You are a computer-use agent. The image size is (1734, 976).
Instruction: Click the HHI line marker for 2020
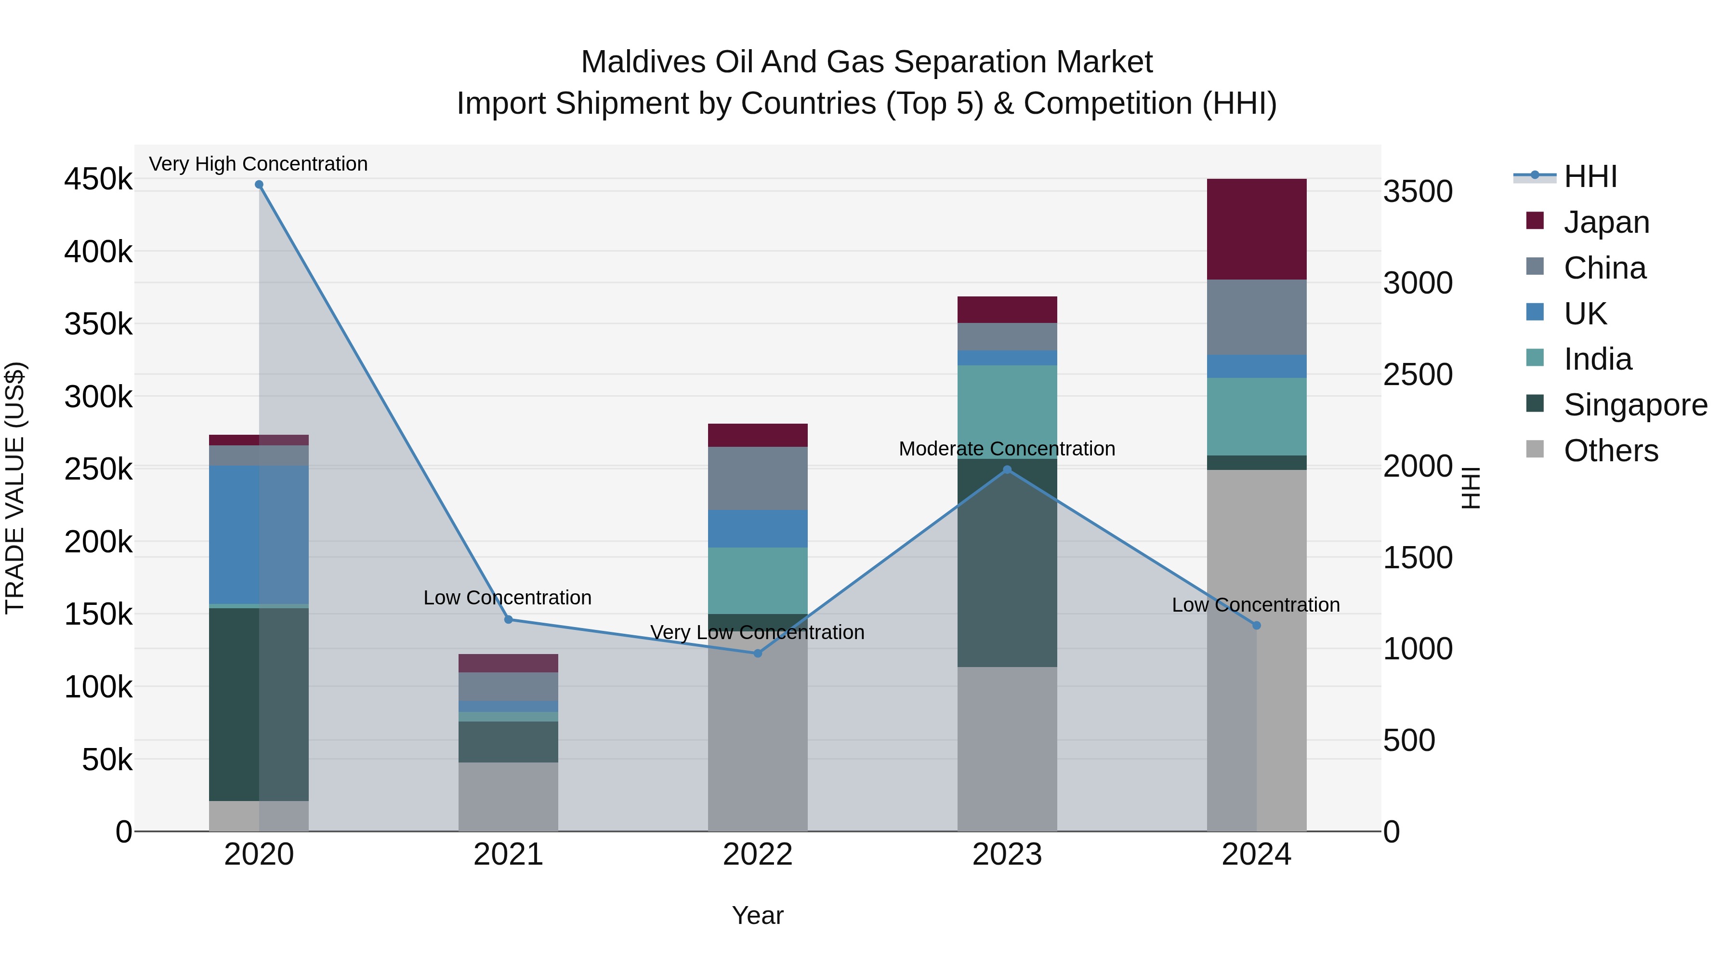pyautogui.click(x=259, y=185)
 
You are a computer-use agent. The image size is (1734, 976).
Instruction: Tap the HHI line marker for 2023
pyautogui.click(x=1007, y=470)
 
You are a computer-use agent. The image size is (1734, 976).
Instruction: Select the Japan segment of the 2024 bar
pyautogui.click(x=1256, y=229)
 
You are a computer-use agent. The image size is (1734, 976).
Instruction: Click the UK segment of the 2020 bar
pyautogui.click(x=259, y=535)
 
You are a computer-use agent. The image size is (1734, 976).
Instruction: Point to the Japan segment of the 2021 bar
pyautogui.click(x=508, y=663)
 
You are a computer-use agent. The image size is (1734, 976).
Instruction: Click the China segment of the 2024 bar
pyautogui.click(x=1256, y=317)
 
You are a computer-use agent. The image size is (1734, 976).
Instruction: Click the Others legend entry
pyautogui.click(x=1610, y=451)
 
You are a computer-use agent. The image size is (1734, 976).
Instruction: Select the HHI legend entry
pyautogui.click(x=1589, y=176)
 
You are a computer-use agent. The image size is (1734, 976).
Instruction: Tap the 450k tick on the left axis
pyautogui.click(x=98, y=180)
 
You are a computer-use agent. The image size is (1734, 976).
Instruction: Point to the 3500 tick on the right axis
pyautogui.click(x=1418, y=191)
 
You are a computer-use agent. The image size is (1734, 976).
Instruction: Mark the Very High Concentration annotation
pyautogui.click(x=259, y=164)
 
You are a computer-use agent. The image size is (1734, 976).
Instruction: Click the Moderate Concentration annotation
pyautogui.click(x=1007, y=449)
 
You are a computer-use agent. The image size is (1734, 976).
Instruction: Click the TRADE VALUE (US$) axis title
pyautogui.click(x=15, y=488)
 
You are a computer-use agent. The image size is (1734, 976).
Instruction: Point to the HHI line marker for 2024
pyautogui.click(x=1256, y=626)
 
